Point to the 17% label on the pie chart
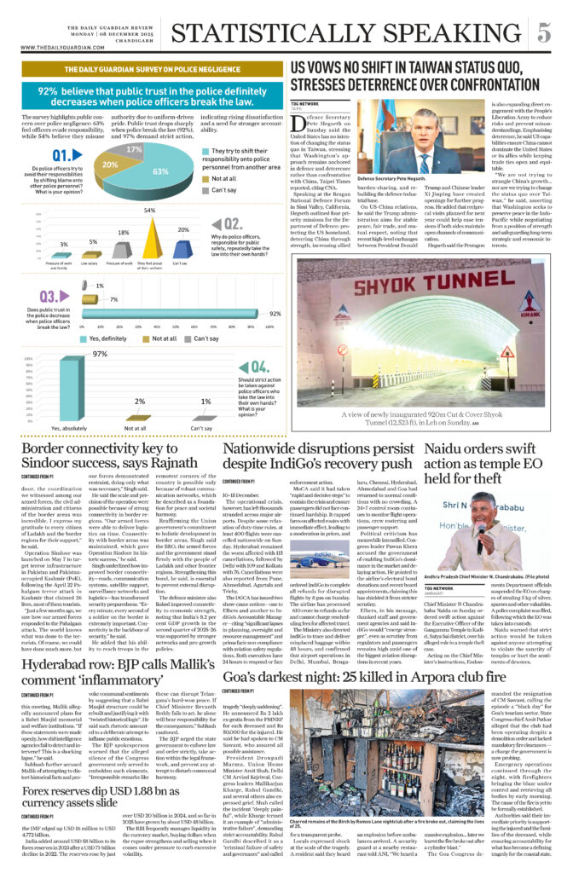[133, 149]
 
